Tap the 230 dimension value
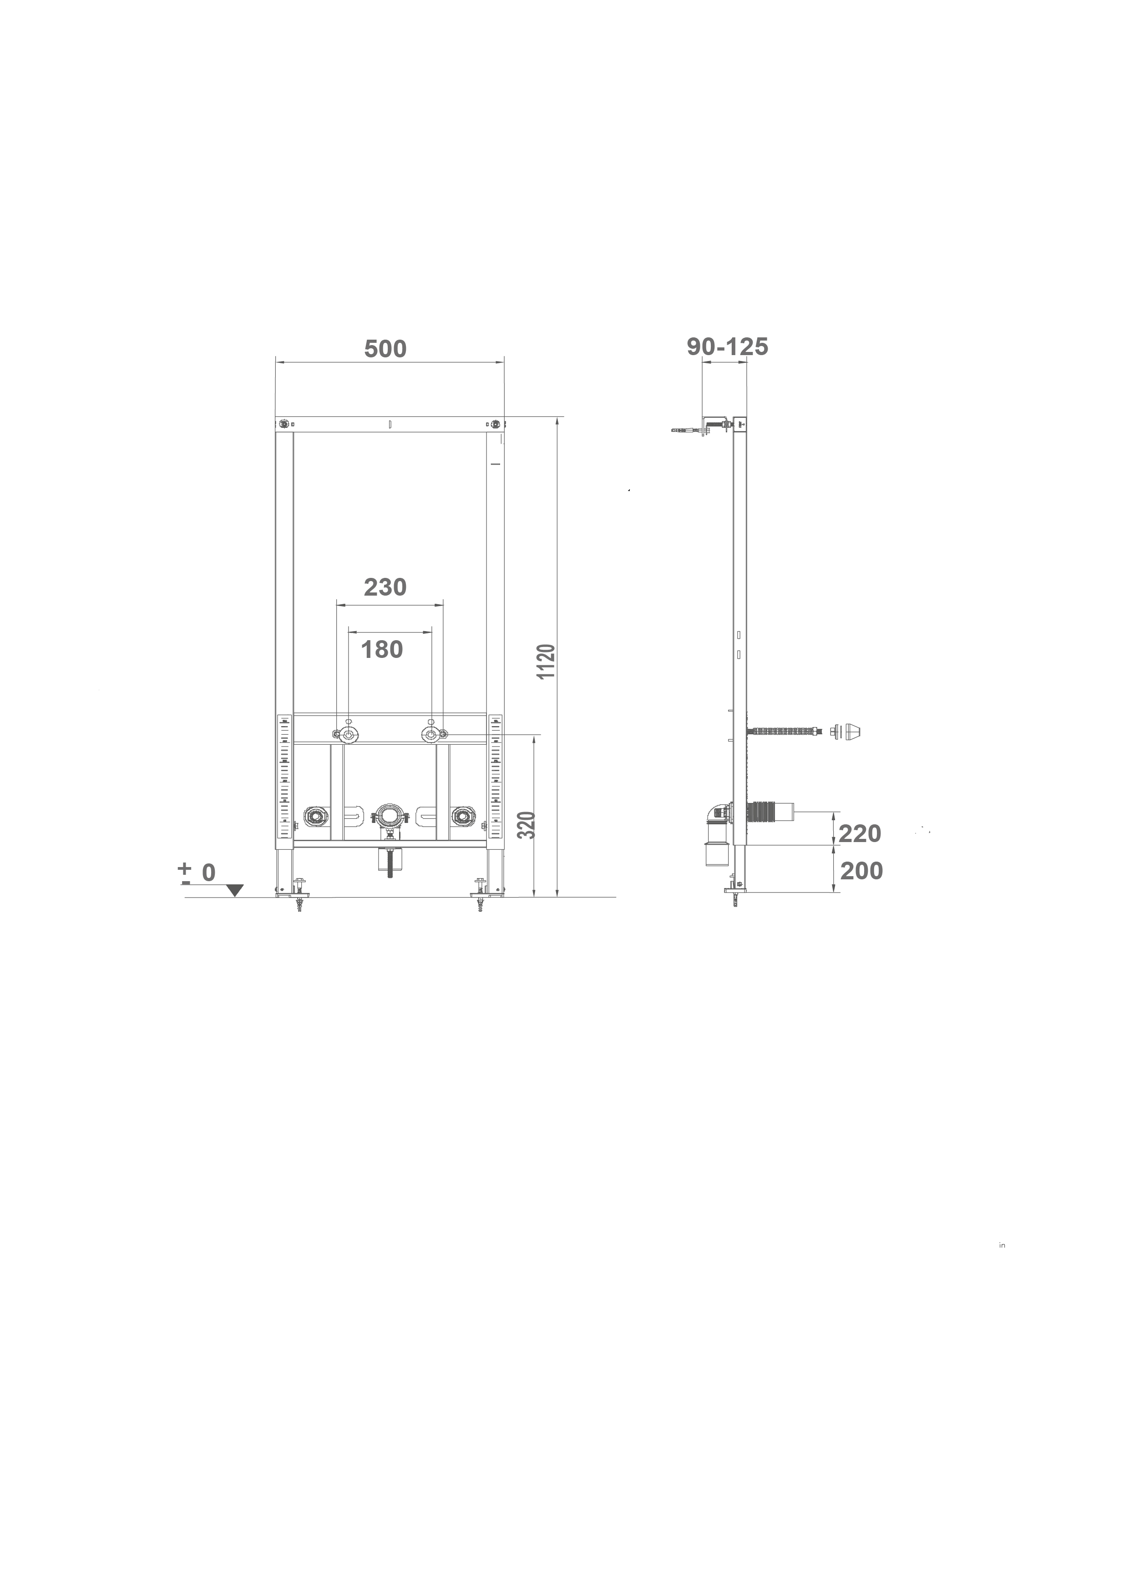385,588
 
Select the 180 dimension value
382,650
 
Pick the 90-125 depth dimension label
728,346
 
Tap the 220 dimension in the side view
860,833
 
